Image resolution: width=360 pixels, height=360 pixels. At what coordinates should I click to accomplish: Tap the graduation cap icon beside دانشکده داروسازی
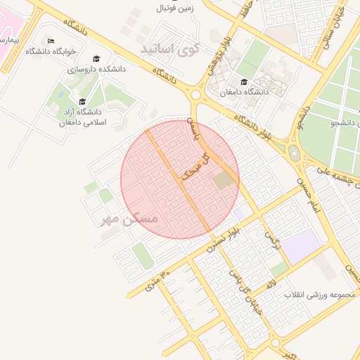tap(96, 59)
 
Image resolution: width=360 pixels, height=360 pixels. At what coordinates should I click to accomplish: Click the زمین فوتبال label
tap(176, 9)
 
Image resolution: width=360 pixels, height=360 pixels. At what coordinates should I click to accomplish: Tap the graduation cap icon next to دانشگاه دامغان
tap(243, 82)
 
